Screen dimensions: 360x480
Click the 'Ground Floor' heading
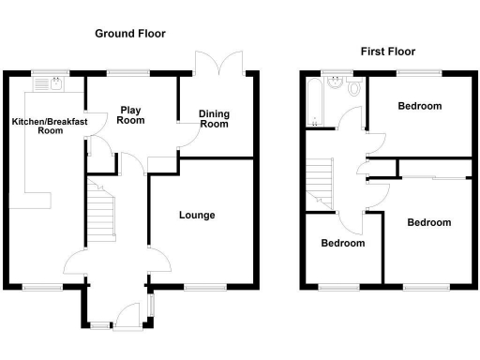click(130, 33)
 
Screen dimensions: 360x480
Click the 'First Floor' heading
click(388, 52)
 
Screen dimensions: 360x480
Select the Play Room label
click(130, 115)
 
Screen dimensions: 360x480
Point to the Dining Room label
click(214, 119)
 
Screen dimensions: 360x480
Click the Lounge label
click(197, 216)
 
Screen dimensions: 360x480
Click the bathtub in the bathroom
click(313, 102)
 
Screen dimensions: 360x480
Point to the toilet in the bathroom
click(352, 88)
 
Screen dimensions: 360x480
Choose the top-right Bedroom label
click(419, 106)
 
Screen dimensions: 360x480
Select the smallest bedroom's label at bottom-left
click(342, 243)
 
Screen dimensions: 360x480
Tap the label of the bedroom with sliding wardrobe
click(428, 222)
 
